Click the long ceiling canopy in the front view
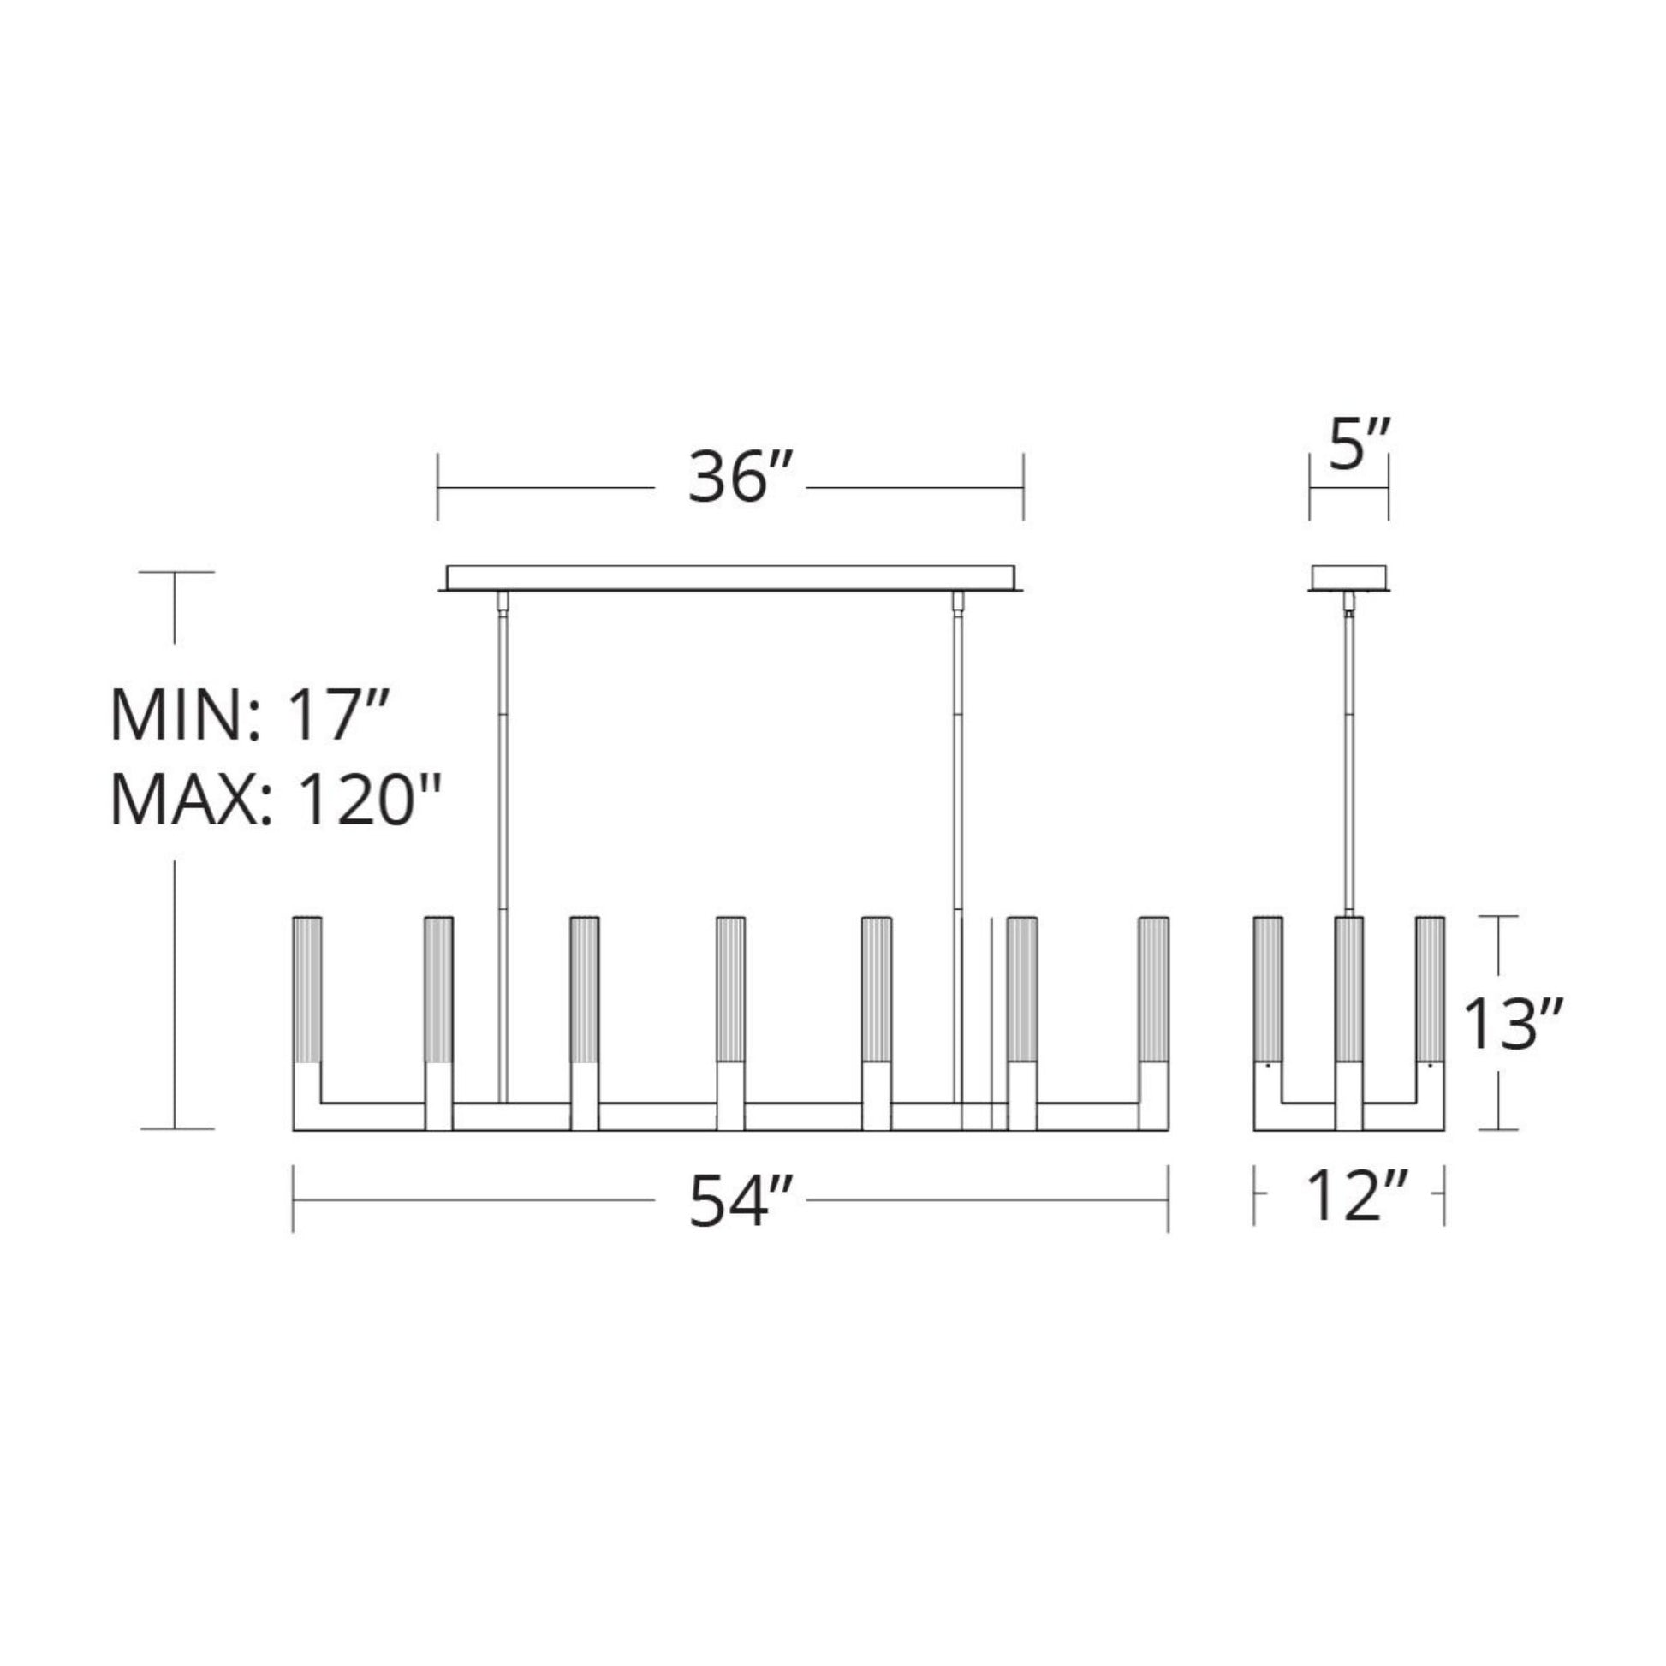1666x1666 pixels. (730, 578)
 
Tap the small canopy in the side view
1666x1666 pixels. (1348, 578)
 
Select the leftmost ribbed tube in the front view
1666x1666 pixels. (307, 990)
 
